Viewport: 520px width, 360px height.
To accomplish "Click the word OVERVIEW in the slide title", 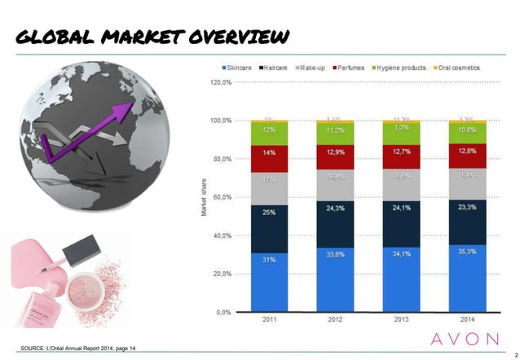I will (x=238, y=37).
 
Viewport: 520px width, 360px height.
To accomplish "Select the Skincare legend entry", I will (x=236, y=68).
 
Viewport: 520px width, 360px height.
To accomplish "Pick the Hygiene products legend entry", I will (x=399, y=68).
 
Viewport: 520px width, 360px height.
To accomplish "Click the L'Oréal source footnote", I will (x=77, y=349).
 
